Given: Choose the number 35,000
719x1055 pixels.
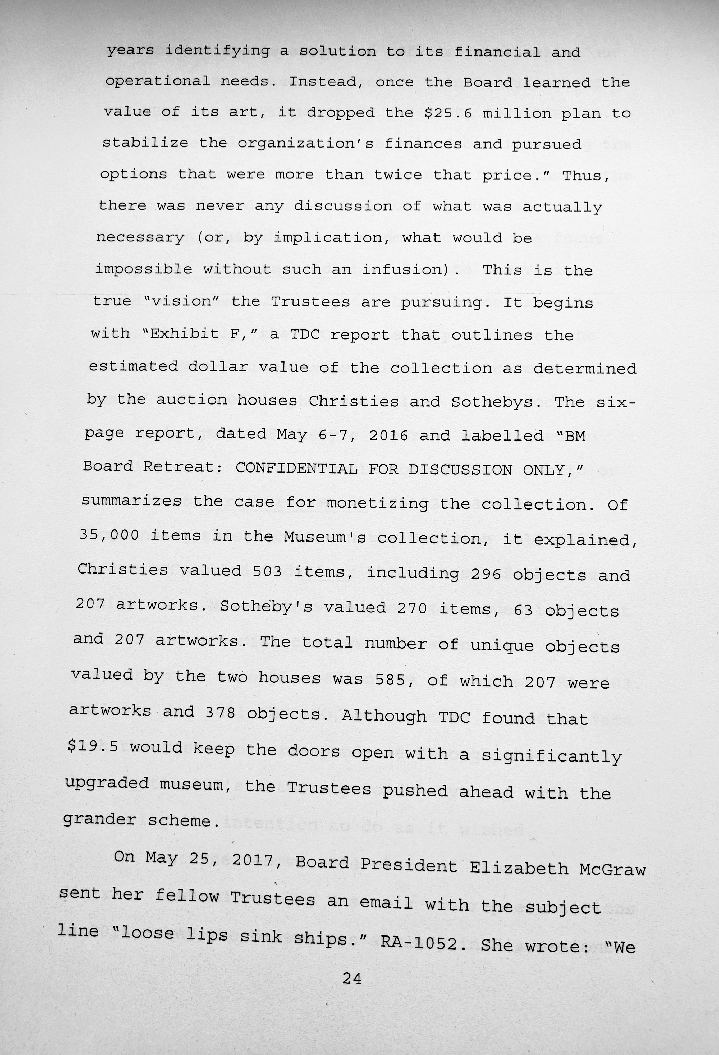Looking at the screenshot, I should click(109, 535).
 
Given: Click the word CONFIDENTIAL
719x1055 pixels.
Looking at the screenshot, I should click(296, 468).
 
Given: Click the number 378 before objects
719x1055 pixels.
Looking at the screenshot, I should click(220, 713).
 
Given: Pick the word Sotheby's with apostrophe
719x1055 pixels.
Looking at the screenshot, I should click(266, 607).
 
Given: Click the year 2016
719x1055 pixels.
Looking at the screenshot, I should click(388, 435).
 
